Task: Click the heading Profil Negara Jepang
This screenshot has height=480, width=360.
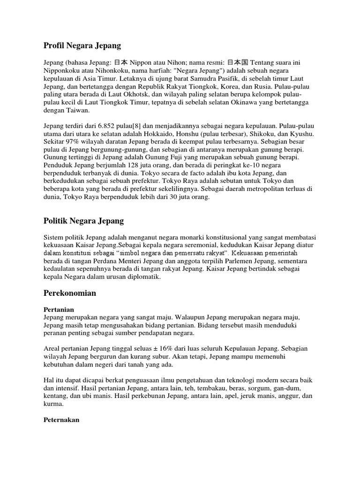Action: pyautogui.click(x=82, y=45)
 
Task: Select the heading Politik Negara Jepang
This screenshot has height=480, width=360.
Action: pyautogui.click(x=84, y=220)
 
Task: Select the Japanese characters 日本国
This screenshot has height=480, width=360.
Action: pyautogui.click(x=239, y=63)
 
